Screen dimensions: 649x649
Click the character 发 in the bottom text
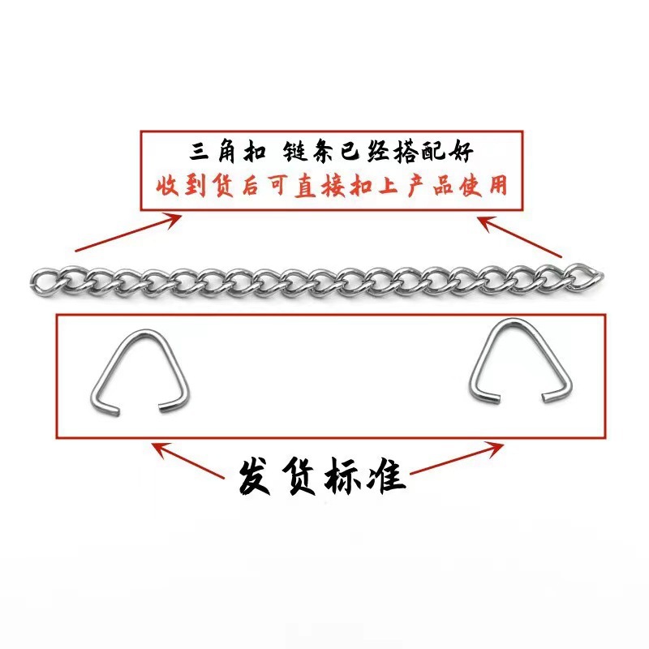(x=259, y=474)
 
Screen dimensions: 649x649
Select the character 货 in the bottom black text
(x=307, y=474)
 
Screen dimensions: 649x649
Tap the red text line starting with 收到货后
(x=331, y=185)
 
